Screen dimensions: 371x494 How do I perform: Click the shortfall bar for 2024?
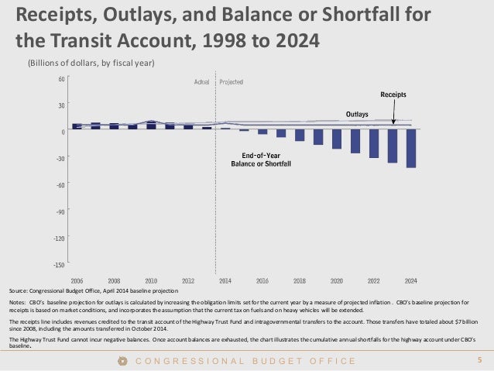pyautogui.click(x=411, y=148)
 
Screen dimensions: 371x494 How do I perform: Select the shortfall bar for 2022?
pyautogui.click(x=374, y=143)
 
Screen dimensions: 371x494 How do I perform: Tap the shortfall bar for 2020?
pyautogui.click(x=337, y=139)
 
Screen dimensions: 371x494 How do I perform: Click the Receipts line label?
pyautogui.click(x=393, y=94)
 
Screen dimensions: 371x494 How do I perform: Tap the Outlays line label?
pyautogui.click(x=356, y=114)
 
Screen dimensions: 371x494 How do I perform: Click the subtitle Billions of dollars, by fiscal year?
pyautogui.click(x=91, y=63)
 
